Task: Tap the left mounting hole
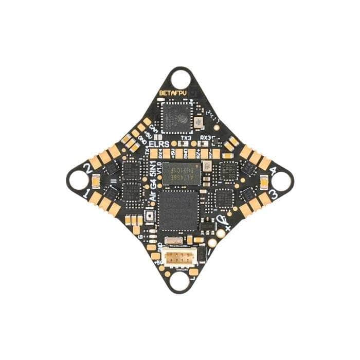coord(78,180)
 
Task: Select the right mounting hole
coord(282,181)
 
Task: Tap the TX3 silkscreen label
coord(186,138)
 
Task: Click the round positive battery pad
coord(220,233)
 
